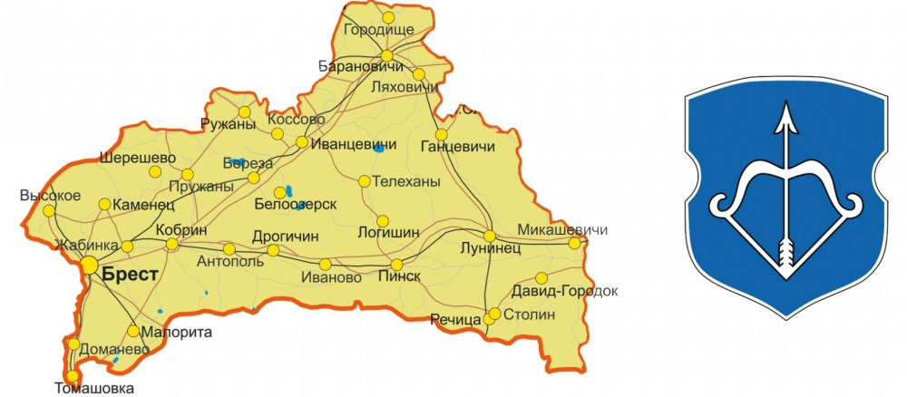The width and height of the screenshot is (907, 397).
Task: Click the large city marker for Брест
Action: [x=89, y=265]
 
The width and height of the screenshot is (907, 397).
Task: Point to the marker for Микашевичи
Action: [x=574, y=243]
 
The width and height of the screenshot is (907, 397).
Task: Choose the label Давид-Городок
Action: [x=564, y=292]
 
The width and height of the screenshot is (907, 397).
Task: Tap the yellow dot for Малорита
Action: [x=133, y=331]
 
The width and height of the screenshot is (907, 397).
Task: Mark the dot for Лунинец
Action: [x=490, y=237]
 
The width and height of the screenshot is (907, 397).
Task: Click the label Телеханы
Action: [x=406, y=182]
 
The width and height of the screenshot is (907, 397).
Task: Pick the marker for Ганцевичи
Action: [x=442, y=135]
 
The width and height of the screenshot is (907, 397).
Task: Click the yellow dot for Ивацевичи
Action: [x=302, y=142]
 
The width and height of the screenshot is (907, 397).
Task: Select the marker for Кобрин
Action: [x=172, y=244]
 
